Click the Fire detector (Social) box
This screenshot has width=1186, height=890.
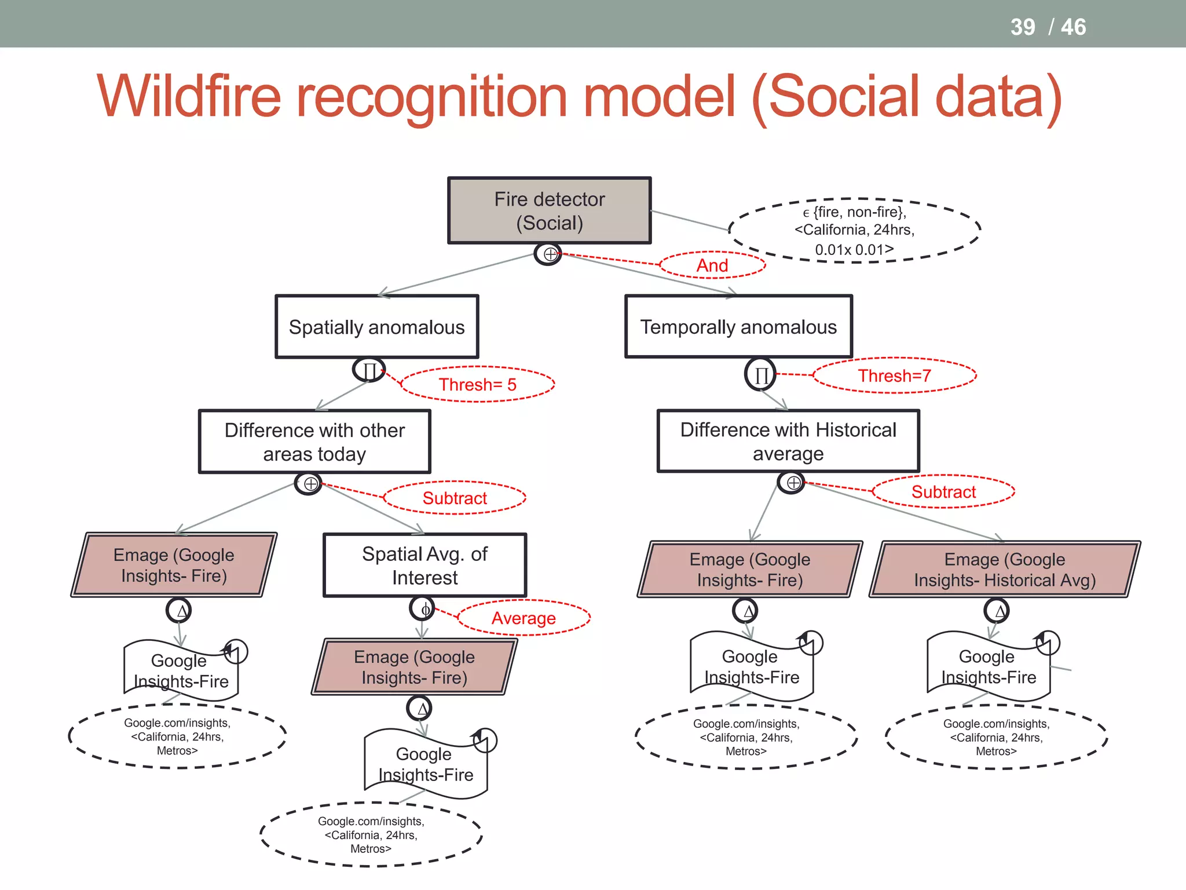click(549, 210)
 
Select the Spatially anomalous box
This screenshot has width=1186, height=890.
click(376, 327)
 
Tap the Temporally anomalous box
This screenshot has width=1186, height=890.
click(738, 327)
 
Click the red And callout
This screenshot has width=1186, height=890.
click(712, 265)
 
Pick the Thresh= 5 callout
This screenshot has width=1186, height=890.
click(477, 384)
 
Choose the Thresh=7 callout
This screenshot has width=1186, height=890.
click(894, 375)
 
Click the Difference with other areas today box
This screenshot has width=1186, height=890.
click(314, 442)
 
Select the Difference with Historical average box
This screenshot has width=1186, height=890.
click(788, 441)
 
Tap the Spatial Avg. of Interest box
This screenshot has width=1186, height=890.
click(424, 565)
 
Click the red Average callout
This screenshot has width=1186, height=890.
click(524, 618)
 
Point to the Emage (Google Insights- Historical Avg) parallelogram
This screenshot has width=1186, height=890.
click(1005, 569)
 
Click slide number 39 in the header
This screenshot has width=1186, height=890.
click(1022, 27)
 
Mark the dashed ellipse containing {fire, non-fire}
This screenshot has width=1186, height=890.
click(854, 231)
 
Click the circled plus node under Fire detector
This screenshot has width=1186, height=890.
click(548, 254)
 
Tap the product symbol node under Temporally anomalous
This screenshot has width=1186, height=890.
click(760, 374)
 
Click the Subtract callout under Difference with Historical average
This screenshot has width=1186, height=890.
click(943, 492)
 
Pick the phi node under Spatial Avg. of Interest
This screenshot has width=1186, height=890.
click(423, 609)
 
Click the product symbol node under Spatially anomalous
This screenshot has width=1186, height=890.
click(369, 370)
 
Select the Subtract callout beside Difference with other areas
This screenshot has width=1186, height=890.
click(455, 498)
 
